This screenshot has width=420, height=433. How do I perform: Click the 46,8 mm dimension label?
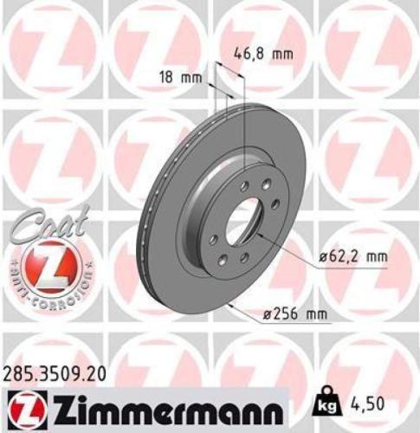click(x=264, y=53)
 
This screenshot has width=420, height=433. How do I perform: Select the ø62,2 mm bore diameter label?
click(x=350, y=256)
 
